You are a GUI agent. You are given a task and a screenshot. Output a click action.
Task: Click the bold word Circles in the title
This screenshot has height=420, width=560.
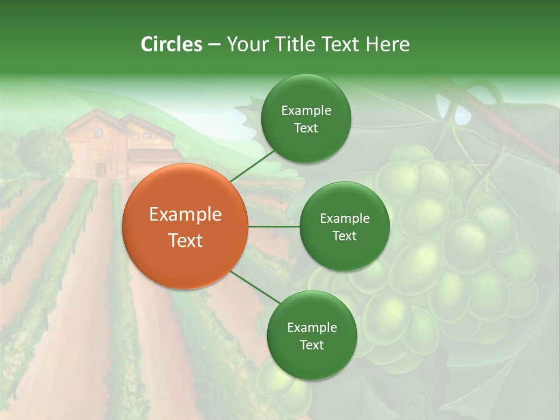click(171, 44)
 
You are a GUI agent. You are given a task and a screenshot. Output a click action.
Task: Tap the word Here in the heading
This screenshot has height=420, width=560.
click(387, 44)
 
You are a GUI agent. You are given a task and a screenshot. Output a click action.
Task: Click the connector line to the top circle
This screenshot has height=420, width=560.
click(252, 166)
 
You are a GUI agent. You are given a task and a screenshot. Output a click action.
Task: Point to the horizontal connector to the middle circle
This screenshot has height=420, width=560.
click(274, 226)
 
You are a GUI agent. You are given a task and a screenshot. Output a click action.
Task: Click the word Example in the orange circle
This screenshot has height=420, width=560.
click(185, 215)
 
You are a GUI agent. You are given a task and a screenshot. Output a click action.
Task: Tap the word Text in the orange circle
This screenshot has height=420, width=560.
click(185, 240)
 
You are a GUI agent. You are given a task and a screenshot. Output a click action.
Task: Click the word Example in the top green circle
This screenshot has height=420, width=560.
click(306, 111)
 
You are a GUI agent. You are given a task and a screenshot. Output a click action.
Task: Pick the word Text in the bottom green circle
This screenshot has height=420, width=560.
click(311, 345)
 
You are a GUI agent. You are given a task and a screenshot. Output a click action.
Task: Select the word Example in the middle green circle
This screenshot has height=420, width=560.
click(345, 219)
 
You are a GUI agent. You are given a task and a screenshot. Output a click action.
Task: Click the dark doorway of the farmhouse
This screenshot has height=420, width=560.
click(100, 170)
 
